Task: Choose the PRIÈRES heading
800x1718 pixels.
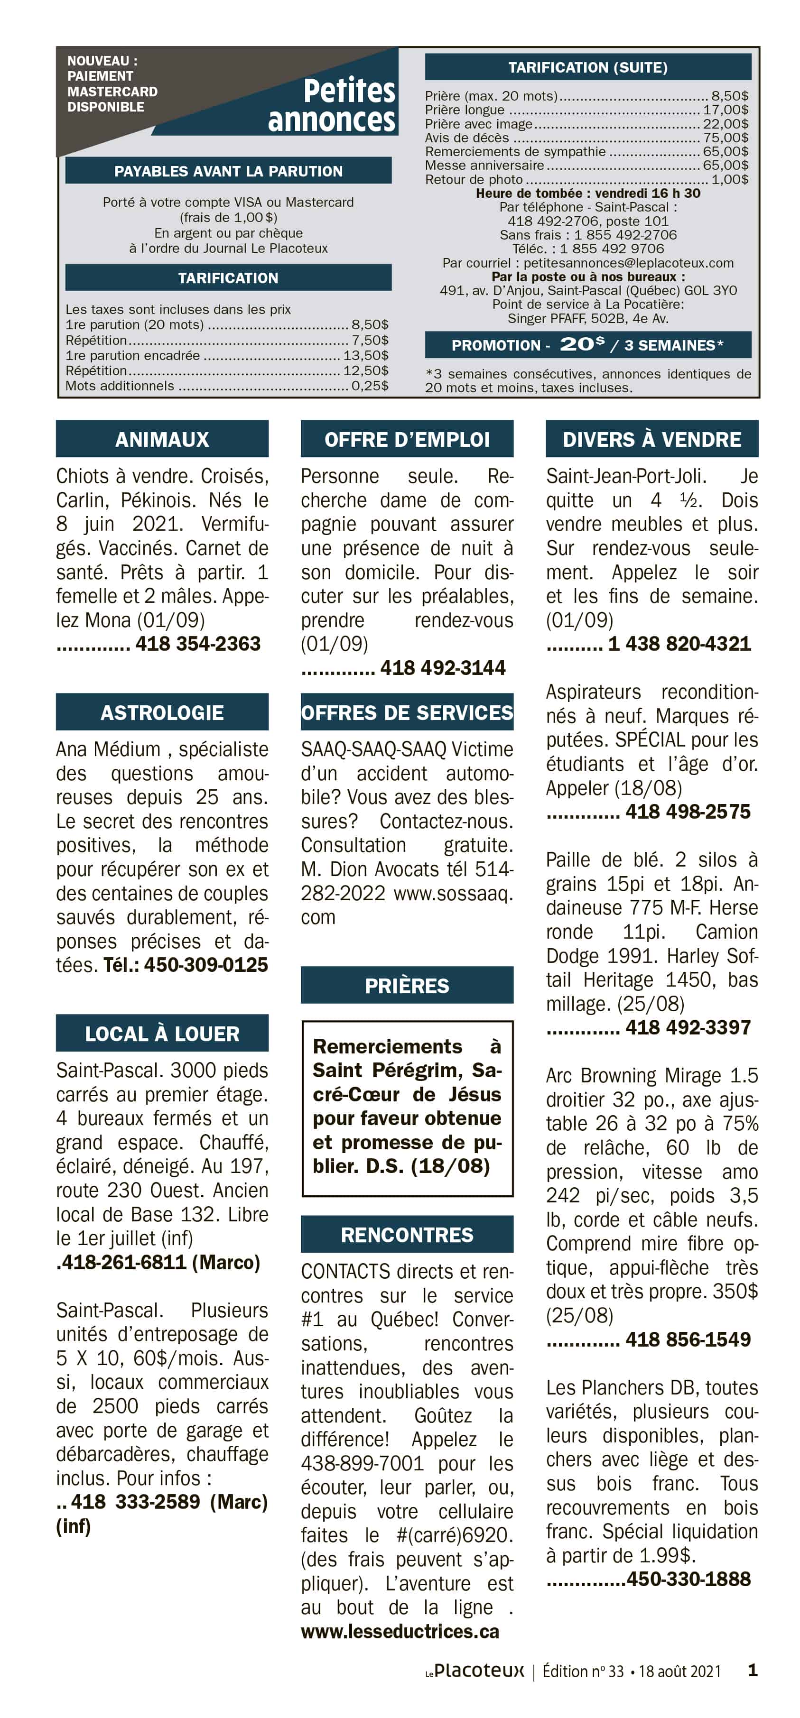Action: click(407, 985)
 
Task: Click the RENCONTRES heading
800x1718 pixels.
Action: click(407, 1235)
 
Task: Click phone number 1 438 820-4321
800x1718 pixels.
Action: click(679, 644)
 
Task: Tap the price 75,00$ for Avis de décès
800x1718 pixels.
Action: click(726, 138)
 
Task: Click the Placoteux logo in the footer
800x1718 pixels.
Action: click(475, 1670)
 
